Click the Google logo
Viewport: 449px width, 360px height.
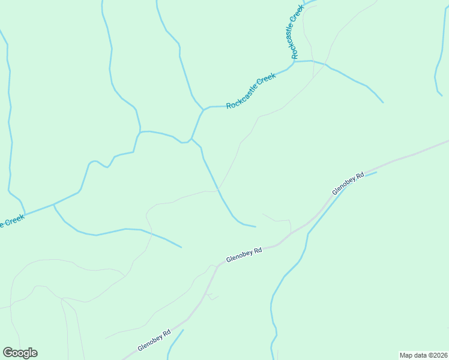[x=20, y=353]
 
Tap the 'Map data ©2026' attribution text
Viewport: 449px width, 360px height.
[x=423, y=355]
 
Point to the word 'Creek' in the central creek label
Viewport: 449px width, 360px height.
[x=267, y=79]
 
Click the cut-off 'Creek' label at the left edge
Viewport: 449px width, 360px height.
[x=12, y=221]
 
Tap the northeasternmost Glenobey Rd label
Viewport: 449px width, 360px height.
[x=348, y=184]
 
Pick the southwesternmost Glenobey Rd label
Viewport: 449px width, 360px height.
[x=154, y=340]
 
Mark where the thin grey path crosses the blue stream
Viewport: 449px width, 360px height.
[x=218, y=190]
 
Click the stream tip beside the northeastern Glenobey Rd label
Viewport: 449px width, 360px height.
[x=375, y=173]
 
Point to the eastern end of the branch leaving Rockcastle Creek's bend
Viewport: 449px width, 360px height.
[x=382, y=102]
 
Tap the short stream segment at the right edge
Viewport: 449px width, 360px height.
[x=438, y=84]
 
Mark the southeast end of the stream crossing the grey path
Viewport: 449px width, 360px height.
[x=255, y=227]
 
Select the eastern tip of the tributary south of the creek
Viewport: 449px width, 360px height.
[x=181, y=247]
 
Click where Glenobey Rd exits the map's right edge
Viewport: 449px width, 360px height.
[x=447, y=142]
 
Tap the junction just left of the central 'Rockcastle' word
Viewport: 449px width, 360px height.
[x=204, y=109]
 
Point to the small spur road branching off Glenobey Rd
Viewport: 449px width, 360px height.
[x=211, y=295]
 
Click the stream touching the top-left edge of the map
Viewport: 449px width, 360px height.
[x=5, y=41]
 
